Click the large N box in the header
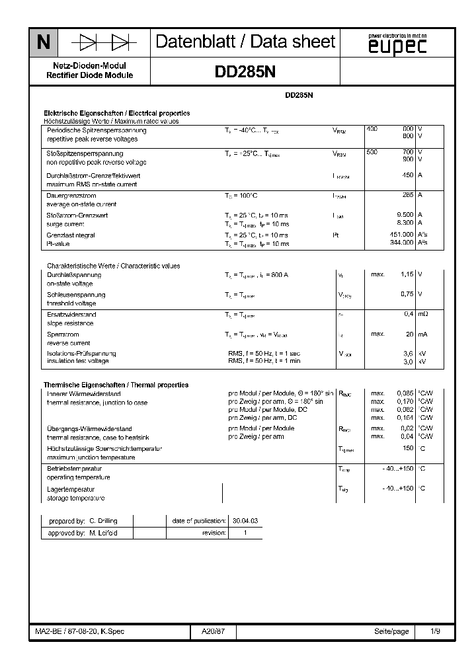point(43,43)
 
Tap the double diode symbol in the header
point(104,43)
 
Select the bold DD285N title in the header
point(245,74)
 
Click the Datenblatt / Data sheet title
point(245,42)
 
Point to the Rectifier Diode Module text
point(89,75)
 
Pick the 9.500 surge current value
point(405,215)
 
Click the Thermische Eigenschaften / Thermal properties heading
point(116,385)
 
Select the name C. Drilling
point(102,521)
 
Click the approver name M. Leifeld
point(103,533)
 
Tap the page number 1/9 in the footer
point(436,632)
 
